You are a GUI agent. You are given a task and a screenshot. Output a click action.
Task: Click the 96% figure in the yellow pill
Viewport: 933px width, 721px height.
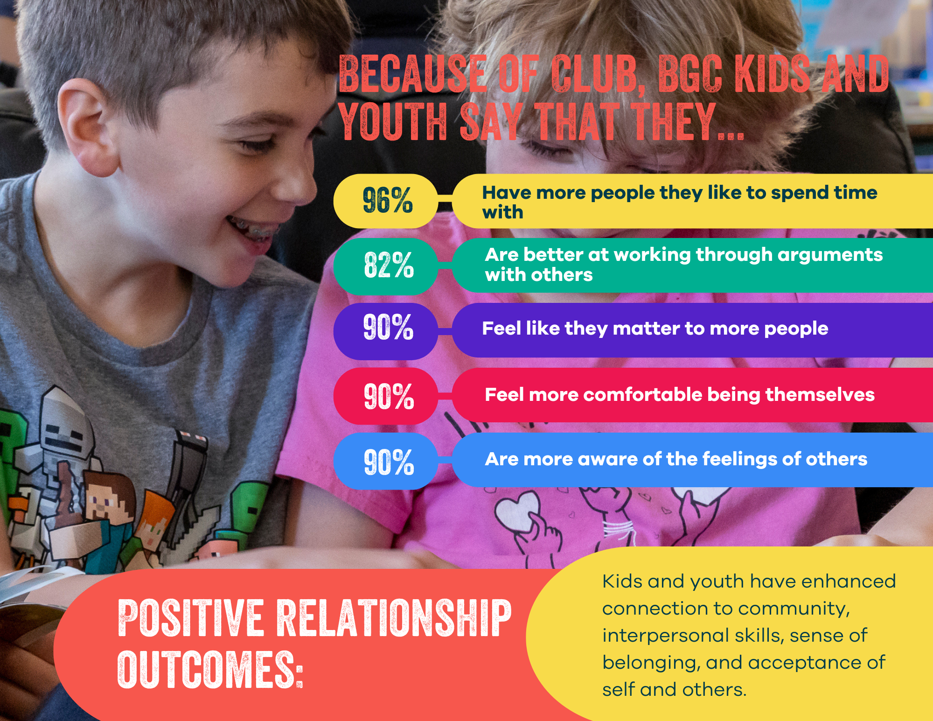click(388, 200)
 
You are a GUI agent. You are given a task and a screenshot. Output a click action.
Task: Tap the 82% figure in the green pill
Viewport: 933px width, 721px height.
click(389, 265)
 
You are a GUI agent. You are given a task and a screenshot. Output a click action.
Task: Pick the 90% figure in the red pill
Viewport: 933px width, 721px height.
click(389, 396)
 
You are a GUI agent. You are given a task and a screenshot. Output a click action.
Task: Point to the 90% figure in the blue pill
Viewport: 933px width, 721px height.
click(389, 462)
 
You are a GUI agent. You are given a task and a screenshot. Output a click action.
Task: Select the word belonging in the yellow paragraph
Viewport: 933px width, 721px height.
click(651, 663)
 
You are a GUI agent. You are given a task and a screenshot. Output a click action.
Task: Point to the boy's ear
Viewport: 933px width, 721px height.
click(87, 126)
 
